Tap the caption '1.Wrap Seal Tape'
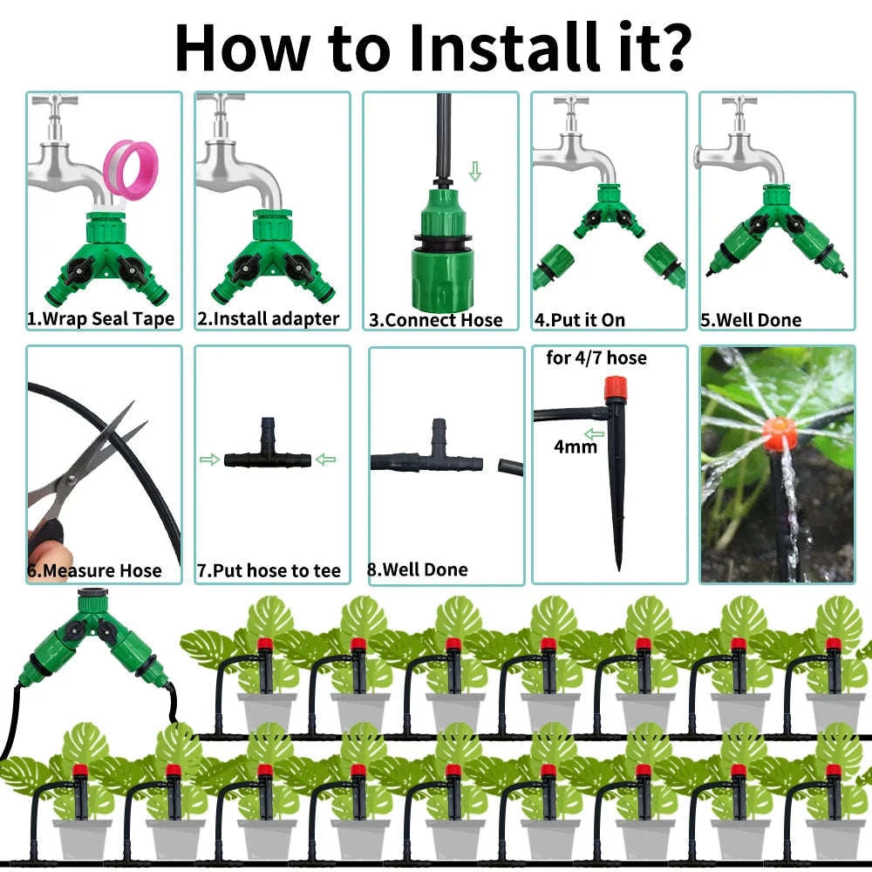[100, 319]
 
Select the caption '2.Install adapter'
[268, 319]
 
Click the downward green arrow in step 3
[474, 170]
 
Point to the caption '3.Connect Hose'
[436, 320]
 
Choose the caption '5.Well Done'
[750, 320]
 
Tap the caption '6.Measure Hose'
[94, 571]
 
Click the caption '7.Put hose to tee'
[269, 571]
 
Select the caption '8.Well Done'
[417, 569]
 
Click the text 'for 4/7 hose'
[596, 358]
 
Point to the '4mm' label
[576, 447]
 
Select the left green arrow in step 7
[209, 460]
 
